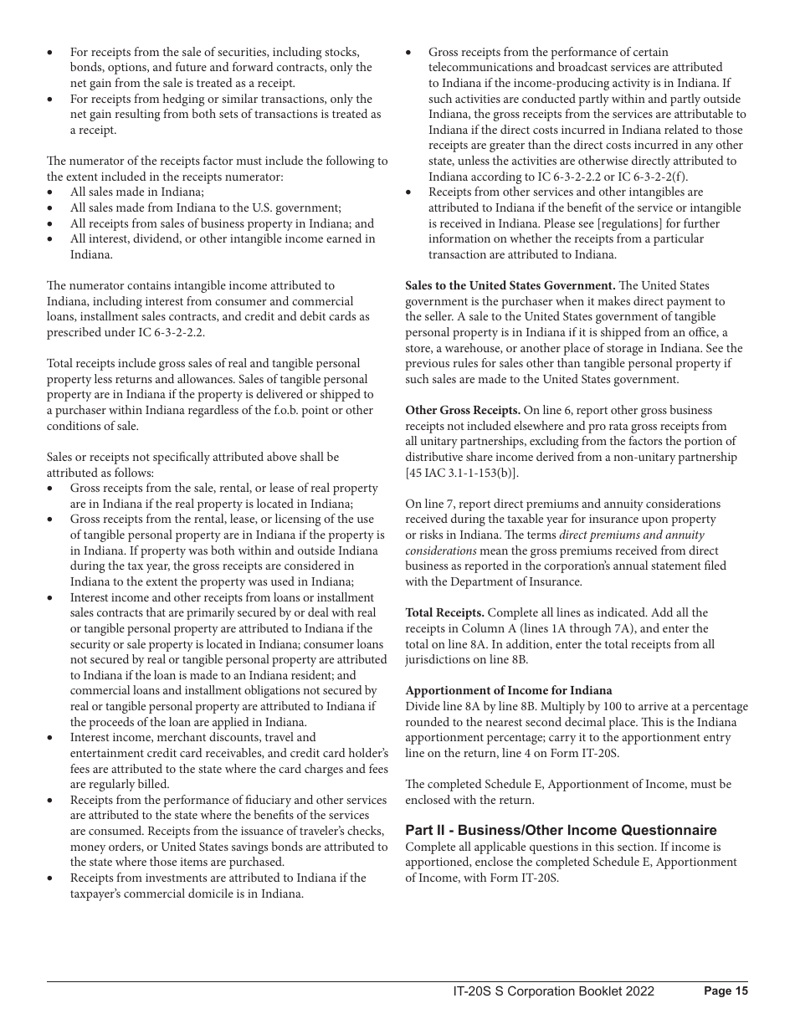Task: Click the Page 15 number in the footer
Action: pyautogui.click(x=726, y=991)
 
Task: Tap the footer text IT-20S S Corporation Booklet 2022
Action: pyautogui.click(x=553, y=991)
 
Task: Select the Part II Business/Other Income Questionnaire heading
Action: pyautogui.click(x=561, y=831)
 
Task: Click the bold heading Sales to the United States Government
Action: pyautogui.click(x=510, y=286)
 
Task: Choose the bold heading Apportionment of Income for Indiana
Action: pyautogui.click(x=508, y=690)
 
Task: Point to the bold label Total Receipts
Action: pyautogui.click(x=444, y=612)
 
